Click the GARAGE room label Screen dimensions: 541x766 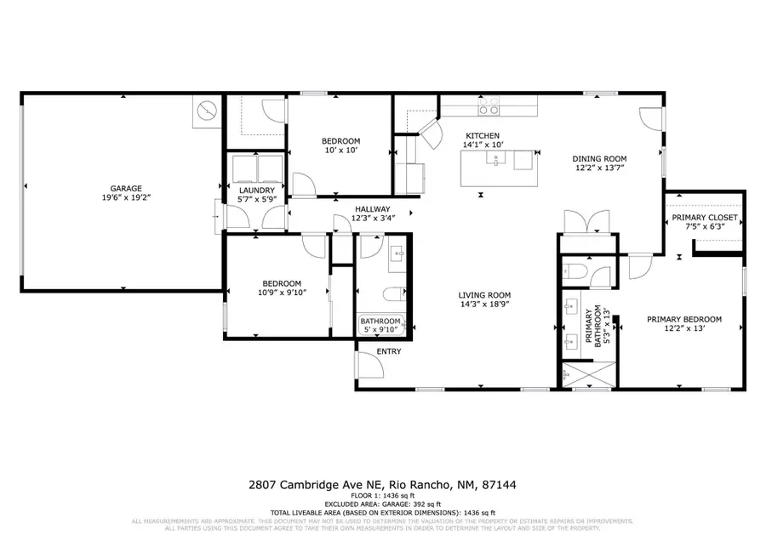[x=125, y=189]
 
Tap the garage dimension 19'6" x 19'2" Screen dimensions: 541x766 [x=125, y=198]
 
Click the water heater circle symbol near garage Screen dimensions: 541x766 [x=207, y=111]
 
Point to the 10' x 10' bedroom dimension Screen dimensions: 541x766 [x=340, y=151]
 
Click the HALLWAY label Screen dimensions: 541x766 [x=373, y=208]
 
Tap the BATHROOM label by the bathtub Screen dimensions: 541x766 [x=380, y=321]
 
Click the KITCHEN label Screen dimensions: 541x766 [x=482, y=135]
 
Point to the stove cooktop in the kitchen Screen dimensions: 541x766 [x=489, y=108]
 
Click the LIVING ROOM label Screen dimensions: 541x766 [x=485, y=295]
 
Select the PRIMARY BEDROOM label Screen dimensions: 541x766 [x=683, y=319]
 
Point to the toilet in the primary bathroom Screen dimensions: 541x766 [x=574, y=273]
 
